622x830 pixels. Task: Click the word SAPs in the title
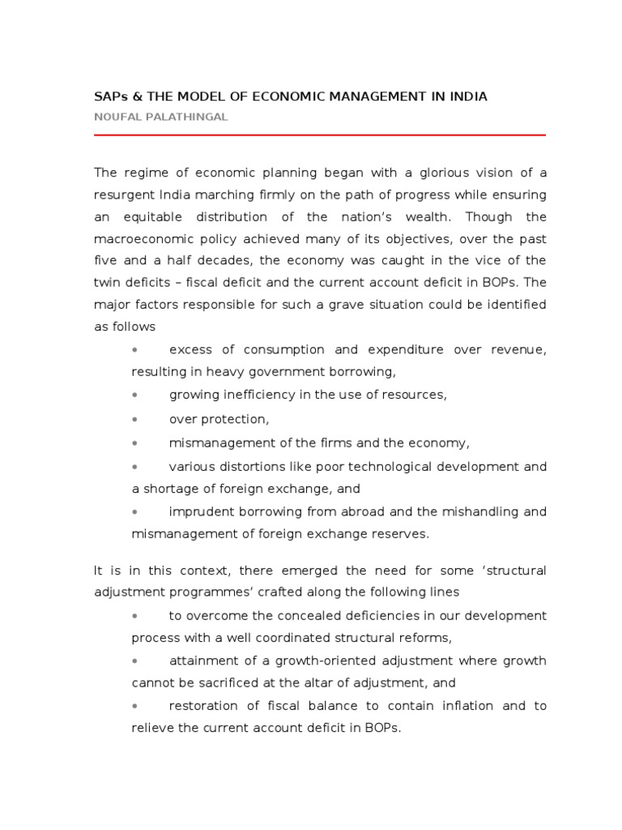109,96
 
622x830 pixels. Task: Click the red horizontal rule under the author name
320,135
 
